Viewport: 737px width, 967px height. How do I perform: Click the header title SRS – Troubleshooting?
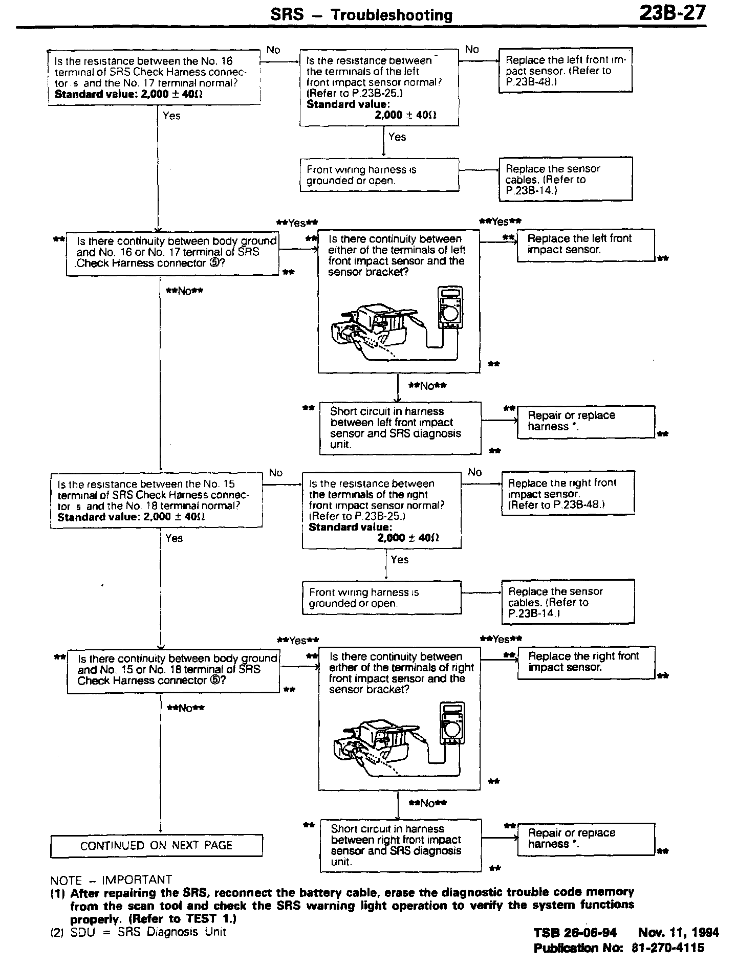click(x=361, y=15)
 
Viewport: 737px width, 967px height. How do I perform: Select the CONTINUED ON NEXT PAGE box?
click(x=156, y=845)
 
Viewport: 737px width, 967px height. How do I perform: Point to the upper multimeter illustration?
click(x=450, y=307)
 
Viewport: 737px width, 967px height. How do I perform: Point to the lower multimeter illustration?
click(x=452, y=724)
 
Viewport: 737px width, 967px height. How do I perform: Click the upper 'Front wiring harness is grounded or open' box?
click(x=379, y=175)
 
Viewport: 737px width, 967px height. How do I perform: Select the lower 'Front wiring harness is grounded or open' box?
click(x=381, y=598)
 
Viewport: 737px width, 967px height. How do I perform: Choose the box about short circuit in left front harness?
click(x=400, y=428)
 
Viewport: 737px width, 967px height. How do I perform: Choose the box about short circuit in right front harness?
click(x=400, y=845)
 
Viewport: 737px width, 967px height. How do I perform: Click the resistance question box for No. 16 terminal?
click(x=154, y=78)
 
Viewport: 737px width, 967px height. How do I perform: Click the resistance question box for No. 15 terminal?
click(x=156, y=500)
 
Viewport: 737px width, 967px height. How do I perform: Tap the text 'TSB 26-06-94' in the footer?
click(x=575, y=932)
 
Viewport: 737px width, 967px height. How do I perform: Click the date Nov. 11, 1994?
click(x=679, y=932)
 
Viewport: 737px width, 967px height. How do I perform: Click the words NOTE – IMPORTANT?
click(x=111, y=880)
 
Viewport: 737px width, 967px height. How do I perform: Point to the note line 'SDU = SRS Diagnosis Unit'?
click(x=148, y=931)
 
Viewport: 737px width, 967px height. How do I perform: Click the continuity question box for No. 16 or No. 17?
click(x=172, y=252)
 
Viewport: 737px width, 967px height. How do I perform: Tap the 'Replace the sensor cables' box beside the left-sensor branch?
click(x=565, y=179)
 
